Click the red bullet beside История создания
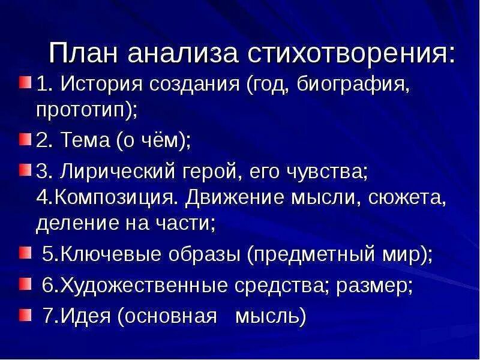click(24, 82)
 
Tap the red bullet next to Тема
click(24, 140)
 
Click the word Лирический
click(114, 172)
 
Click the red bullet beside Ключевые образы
click(24, 253)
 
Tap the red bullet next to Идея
click(24, 314)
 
